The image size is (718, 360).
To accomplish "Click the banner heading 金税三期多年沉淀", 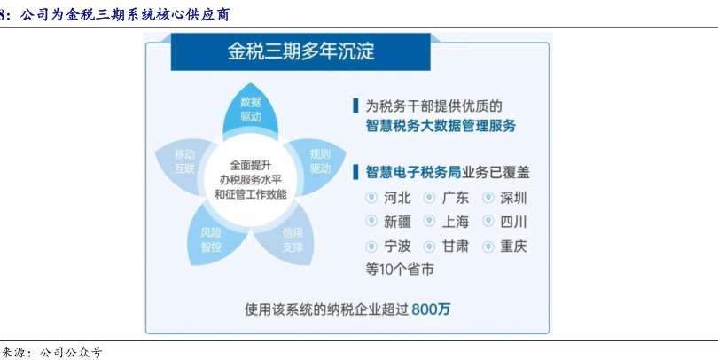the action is (x=300, y=51).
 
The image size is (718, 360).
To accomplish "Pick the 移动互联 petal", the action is (x=183, y=162).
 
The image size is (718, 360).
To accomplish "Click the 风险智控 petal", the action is (x=212, y=239).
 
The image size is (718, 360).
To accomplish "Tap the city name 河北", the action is (x=397, y=198).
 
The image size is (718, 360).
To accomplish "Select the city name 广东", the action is (x=456, y=198).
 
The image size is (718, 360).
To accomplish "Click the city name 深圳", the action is (x=514, y=198).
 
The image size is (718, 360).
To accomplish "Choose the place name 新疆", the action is (x=397, y=223).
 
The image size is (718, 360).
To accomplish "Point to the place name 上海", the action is (x=456, y=223).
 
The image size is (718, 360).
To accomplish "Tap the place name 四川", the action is (x=514, y=223).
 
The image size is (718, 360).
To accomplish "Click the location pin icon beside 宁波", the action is (x=371, y=247).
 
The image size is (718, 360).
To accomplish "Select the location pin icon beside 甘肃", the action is (x=429, y=247).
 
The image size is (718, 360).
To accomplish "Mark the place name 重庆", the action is (x=514, y=247).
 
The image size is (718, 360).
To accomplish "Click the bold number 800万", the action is (x=431, y=309).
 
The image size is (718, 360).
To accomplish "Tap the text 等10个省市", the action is (x=399, y=270).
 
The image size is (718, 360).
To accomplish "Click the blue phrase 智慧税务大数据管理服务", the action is (x=441, y=126).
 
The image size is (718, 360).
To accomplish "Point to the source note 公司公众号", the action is (x=71, y=352).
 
